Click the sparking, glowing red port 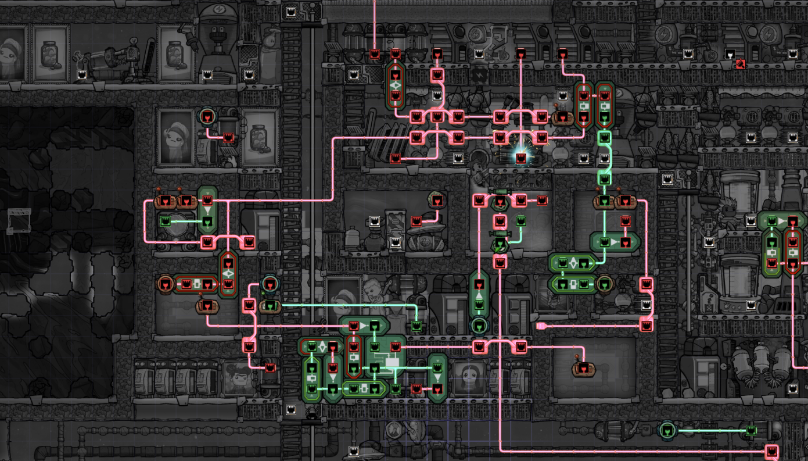click(520, 158)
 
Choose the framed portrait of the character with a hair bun click(10, 53)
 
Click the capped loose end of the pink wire click(541, 326)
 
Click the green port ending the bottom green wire click(752, 431)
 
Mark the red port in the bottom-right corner click(772, 451)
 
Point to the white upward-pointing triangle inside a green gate click(479, 295)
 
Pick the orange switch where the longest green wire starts click(270, 306)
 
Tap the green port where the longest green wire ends click(416, 326)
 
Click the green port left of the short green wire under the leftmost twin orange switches click(165, 221)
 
